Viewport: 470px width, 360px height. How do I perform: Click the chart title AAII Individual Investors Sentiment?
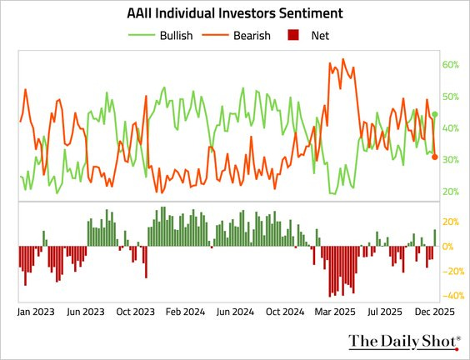pyautogui.click(x=235, y=15)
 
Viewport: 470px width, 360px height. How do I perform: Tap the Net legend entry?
pyautogui.click(x=318, y=36)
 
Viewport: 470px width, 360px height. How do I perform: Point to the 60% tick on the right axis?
pyautogui.click(x=451, y=65)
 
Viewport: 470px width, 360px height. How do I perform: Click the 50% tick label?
pyautogui.click(x=451, y=97)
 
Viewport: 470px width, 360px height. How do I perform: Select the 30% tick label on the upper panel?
pyautogui.click(x=451, y=160)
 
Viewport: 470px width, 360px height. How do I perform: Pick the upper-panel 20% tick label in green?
pyautogui.click(x=451, y=192)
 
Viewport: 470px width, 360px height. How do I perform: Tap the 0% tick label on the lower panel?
pyautogui.click(x=449, y=247)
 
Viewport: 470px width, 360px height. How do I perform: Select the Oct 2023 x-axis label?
pyautogui.click(x=136, y=312)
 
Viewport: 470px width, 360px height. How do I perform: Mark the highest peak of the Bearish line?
pyautogui.click(x=343, y=60)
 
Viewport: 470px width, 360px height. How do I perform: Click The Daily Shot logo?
pyautogui.click(x=404, y=341)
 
